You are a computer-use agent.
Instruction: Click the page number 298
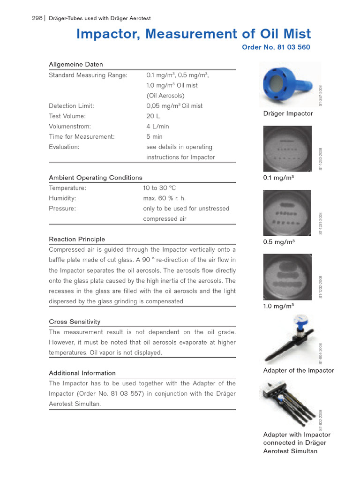tap(37, 18)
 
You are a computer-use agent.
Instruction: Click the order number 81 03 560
tap(276, 47)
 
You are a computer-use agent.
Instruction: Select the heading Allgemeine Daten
tap(76, 64)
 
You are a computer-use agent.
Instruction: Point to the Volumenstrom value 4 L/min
tap(157, 127)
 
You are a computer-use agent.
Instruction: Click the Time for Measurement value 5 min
tap(154, 137)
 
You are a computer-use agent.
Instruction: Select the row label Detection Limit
tap(71, 106)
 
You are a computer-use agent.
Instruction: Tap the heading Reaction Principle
tap(77, 239)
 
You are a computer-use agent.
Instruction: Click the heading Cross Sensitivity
tap(75, 322)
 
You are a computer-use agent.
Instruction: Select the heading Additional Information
tap(82, 373)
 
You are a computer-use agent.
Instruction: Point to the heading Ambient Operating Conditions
tap(96, 178)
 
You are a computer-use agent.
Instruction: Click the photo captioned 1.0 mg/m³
tap(287, 277)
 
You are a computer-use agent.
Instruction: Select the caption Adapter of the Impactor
tap(299, 370)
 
